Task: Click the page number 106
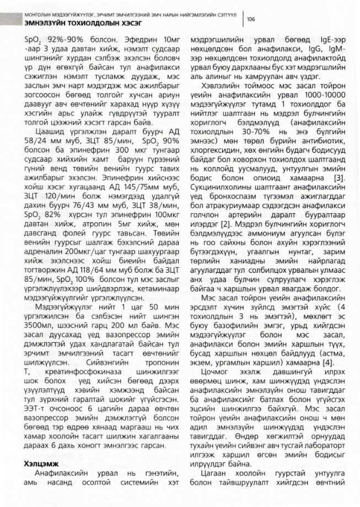[251, 19]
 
